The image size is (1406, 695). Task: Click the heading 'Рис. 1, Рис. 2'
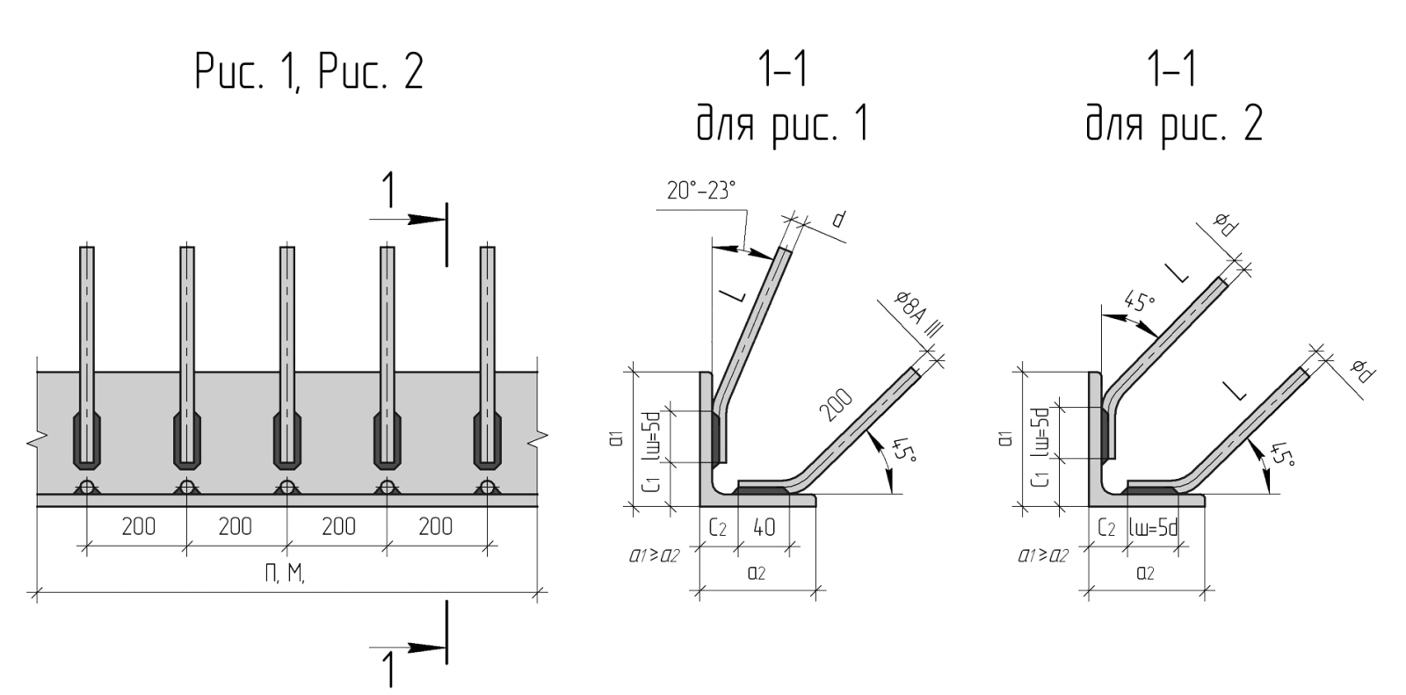[309, 72]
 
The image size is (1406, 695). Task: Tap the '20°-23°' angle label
[701, 190]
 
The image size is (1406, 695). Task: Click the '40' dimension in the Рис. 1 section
[764, 528]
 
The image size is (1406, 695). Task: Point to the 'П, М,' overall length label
[285, 574]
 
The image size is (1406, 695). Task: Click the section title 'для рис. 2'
[1174, 124]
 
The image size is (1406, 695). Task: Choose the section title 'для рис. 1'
[783, 124]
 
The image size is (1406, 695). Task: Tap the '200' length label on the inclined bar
[836, 405]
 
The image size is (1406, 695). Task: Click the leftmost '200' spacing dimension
[138, 527]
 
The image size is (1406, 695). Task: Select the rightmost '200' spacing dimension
[435, 527]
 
